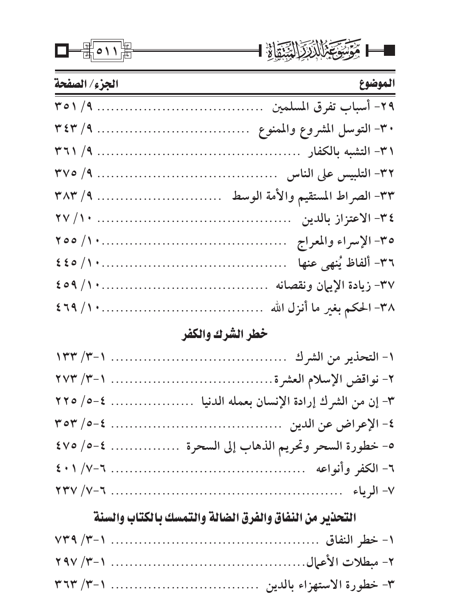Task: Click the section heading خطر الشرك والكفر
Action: pos(225,334)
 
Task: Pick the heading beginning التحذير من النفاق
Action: pos(225,517)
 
